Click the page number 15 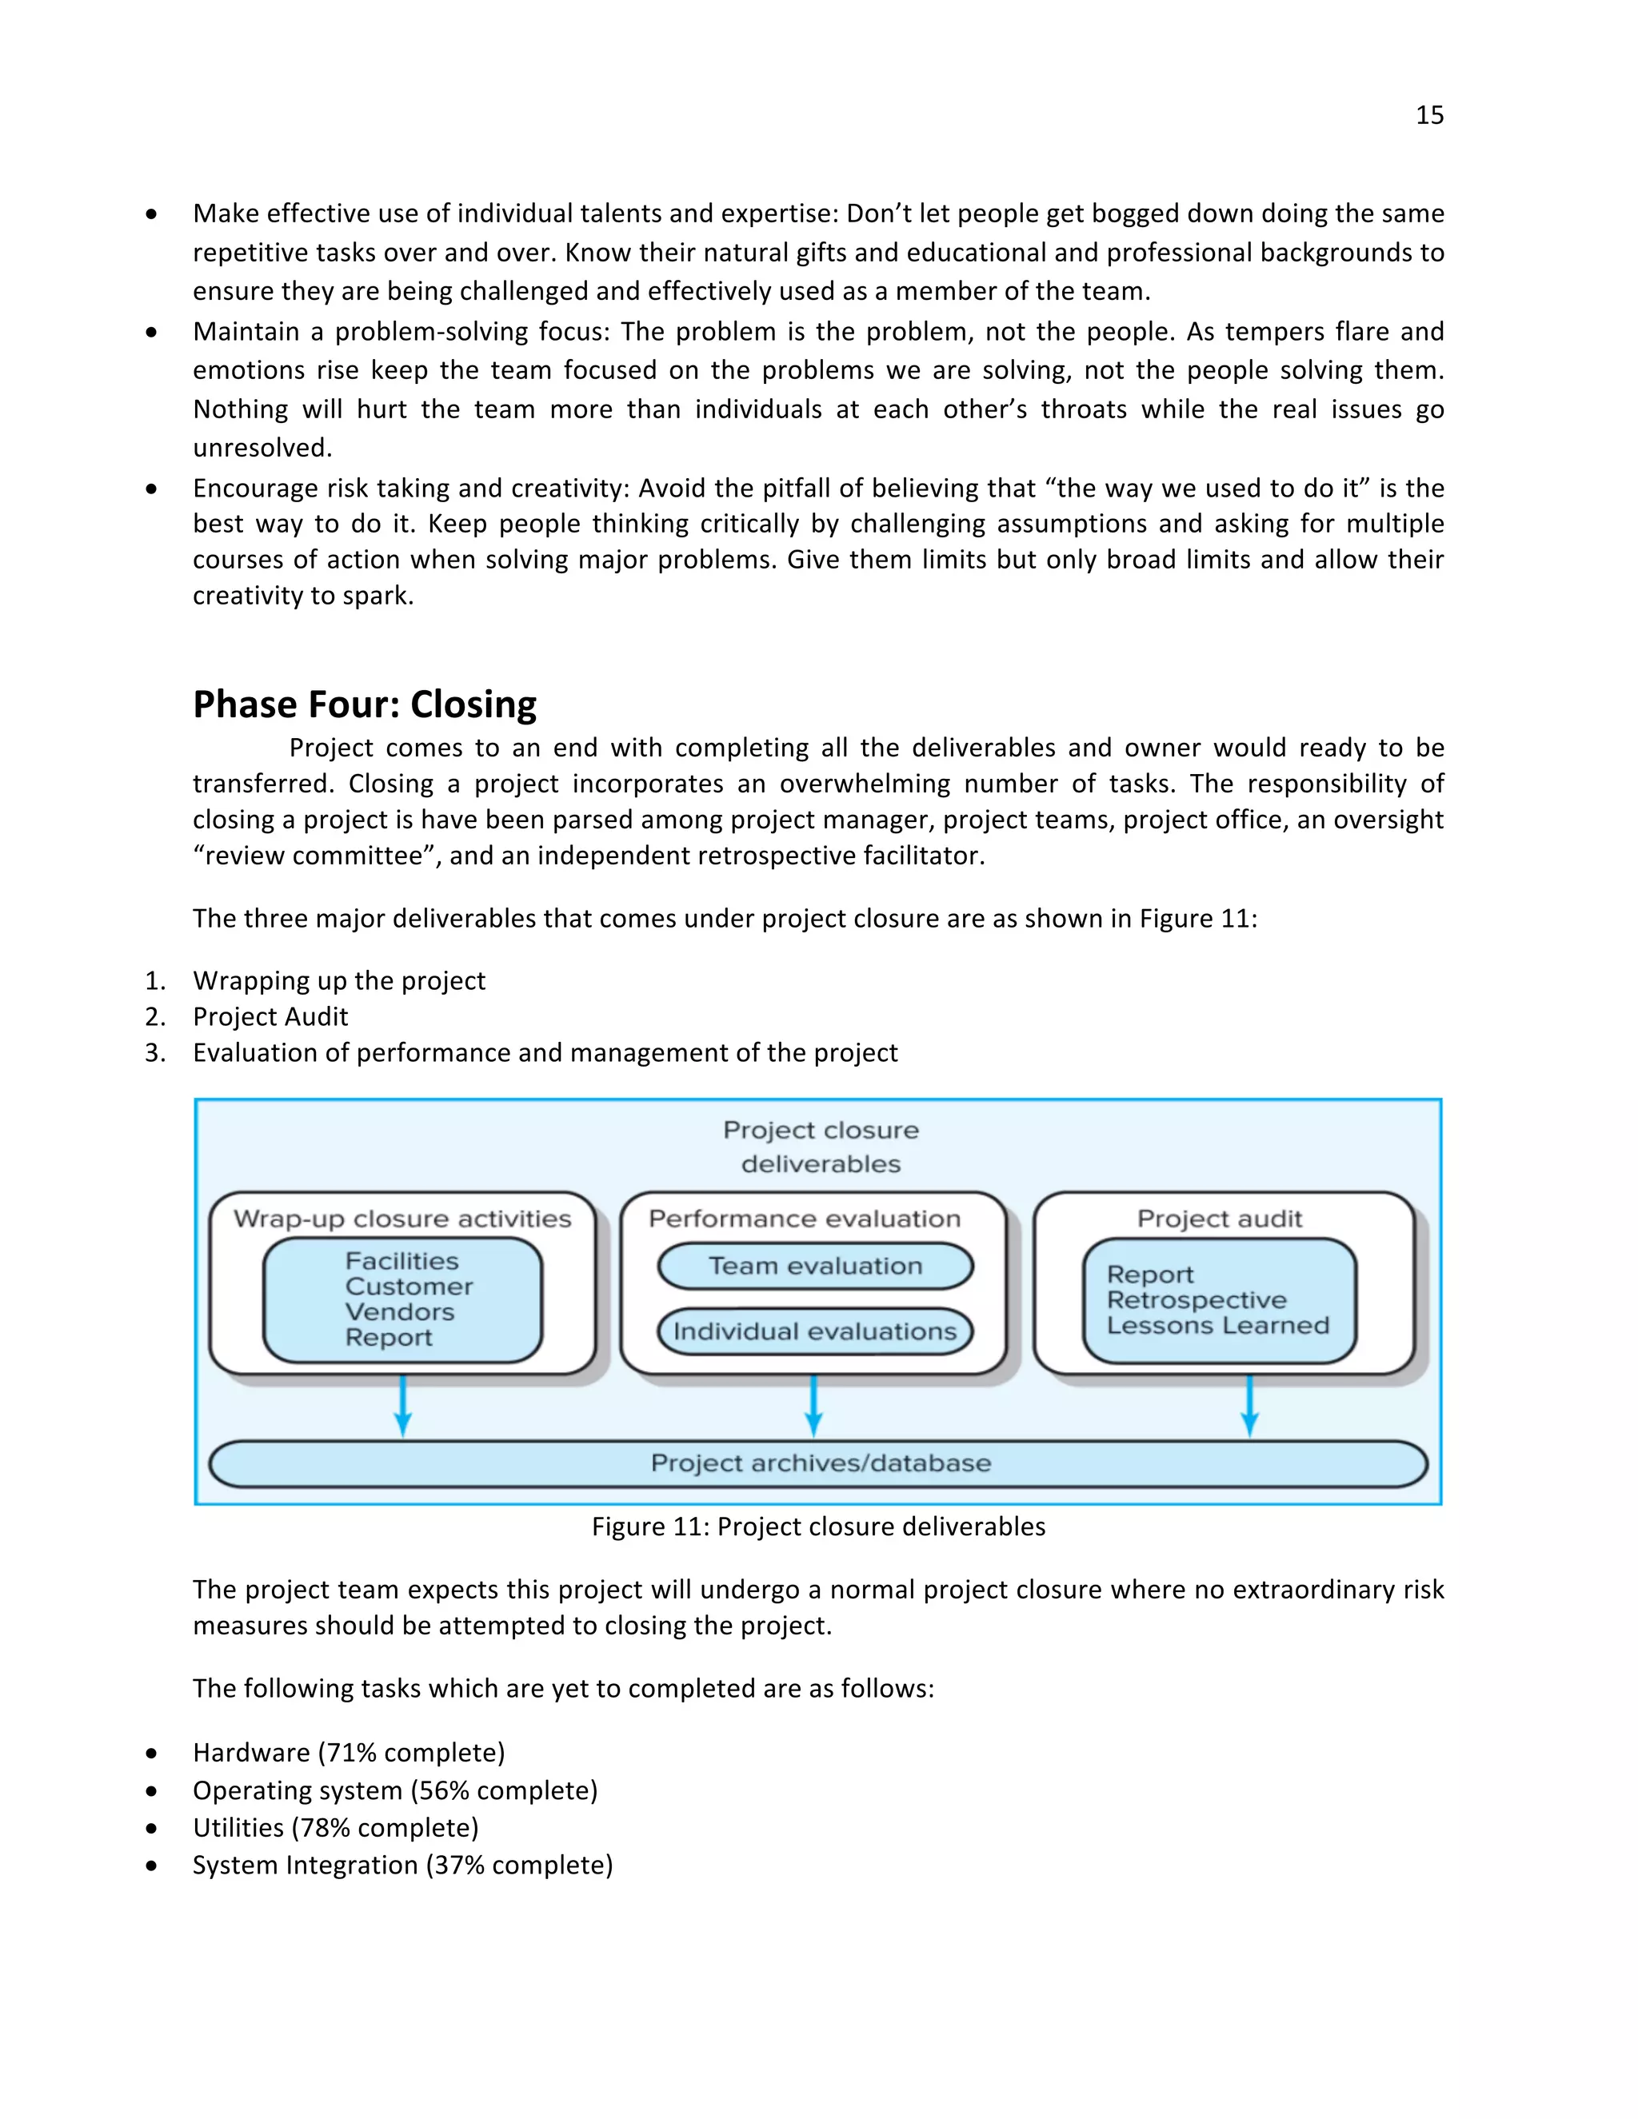click(1428, 115)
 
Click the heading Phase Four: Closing click(364, 704)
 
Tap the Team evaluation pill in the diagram click(814, 1266)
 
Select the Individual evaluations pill click(814, 1331)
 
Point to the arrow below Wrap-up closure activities click(403, 1406)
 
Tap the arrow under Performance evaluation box click(813, 1406)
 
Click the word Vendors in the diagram click(399, 1311)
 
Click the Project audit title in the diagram click(1219, 1219)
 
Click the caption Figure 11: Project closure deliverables click(818, 1527)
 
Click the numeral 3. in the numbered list click(155, 1053)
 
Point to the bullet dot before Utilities click(151, 1829)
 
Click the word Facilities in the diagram click(402, 1261)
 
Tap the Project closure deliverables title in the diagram click(820, 1147)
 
